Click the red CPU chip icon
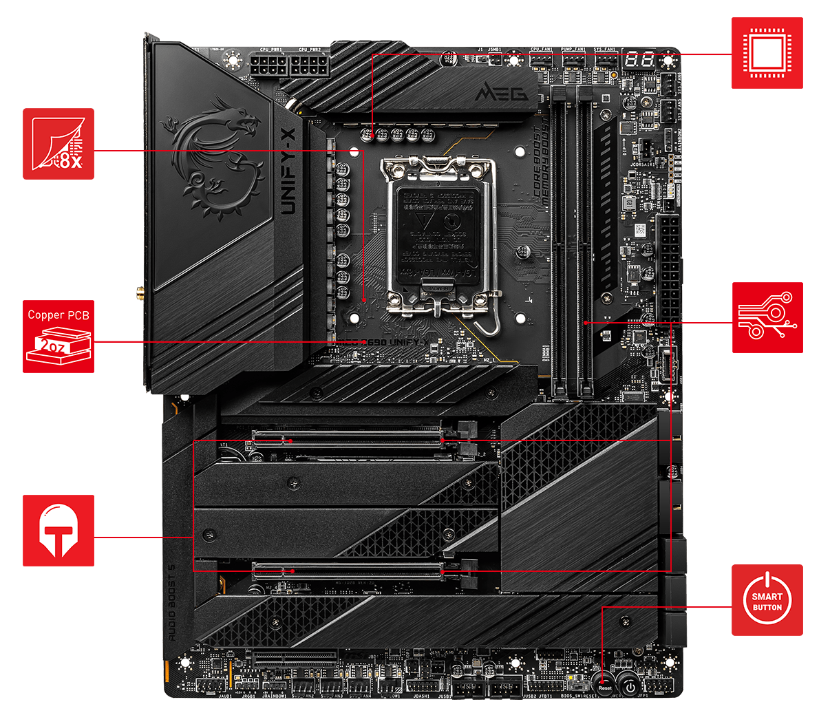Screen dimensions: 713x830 click(x=767, y=53)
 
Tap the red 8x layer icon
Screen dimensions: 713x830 click(x=58, y=143)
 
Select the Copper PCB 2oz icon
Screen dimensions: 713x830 click(x=58, y=336)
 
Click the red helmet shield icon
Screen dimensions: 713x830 click(x=58, y=530)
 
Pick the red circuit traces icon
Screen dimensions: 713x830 click(x=767, y=317)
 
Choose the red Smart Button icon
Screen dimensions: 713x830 click(x=767, y=600)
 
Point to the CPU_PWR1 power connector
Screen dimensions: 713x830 click(x=268, y=67)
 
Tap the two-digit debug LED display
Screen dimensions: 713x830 click(x=639, y=61)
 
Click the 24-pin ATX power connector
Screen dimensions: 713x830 click(x=668, y=264)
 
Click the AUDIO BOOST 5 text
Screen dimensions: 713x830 click(x=172, y=603)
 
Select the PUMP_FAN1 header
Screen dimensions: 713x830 click(x=573, y=61)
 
